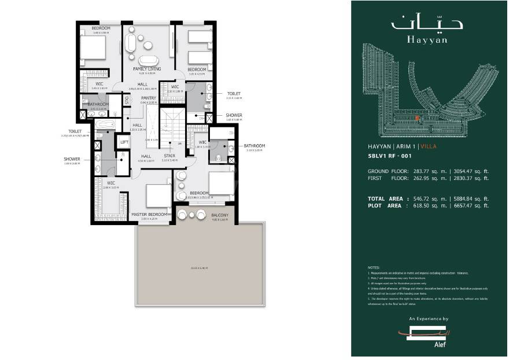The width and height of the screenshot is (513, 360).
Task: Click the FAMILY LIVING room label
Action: [x=146, y=68]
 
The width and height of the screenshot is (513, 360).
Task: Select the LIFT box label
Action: [x=124, y=141]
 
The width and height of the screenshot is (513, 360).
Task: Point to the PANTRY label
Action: [x=149, y=98]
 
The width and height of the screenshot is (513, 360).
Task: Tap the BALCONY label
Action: [x=220, y=215]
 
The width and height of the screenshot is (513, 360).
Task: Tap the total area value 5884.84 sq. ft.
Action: [x=470, y=199]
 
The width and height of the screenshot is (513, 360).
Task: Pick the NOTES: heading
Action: [x=374, y=268]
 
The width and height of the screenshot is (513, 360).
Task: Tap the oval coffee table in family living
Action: [x=146, y=60]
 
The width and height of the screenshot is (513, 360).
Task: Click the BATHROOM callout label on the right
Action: [x=254, y=145]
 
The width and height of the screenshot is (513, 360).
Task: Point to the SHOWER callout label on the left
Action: [x=72, y=159]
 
